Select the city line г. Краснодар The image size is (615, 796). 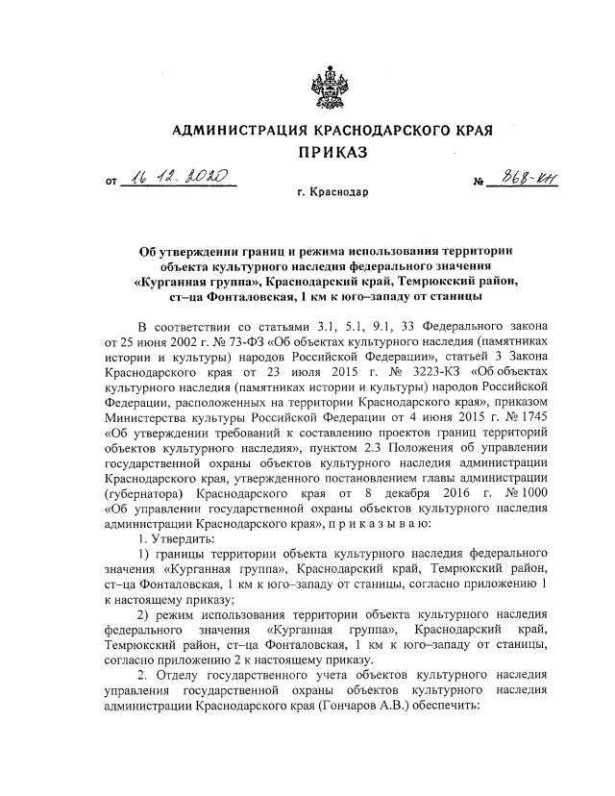(332, 192)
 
